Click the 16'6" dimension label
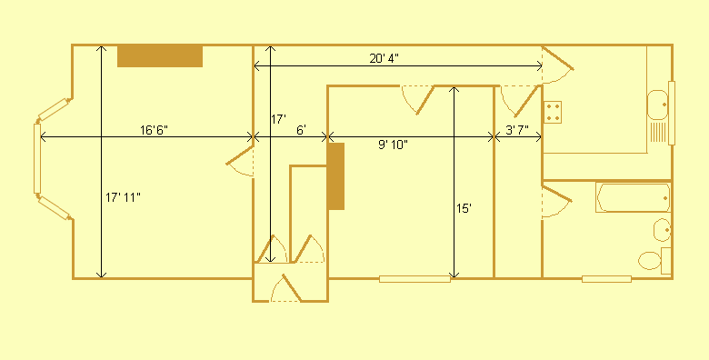pos(155,129)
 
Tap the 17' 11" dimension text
pos(123,196)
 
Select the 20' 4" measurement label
pos(384,58)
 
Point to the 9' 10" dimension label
pos(393,145)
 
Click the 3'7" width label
pos(516,129)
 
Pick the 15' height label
pos(464,208)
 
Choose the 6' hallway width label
pos(301,129)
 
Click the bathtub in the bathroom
pos(634,197)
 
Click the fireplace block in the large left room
pos(160,55)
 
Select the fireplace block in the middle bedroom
pos(336,176)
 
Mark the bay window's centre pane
pos(37,159)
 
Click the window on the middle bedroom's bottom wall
pos(414,278)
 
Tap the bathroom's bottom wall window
pos(607,278)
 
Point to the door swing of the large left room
pos(241,161)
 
